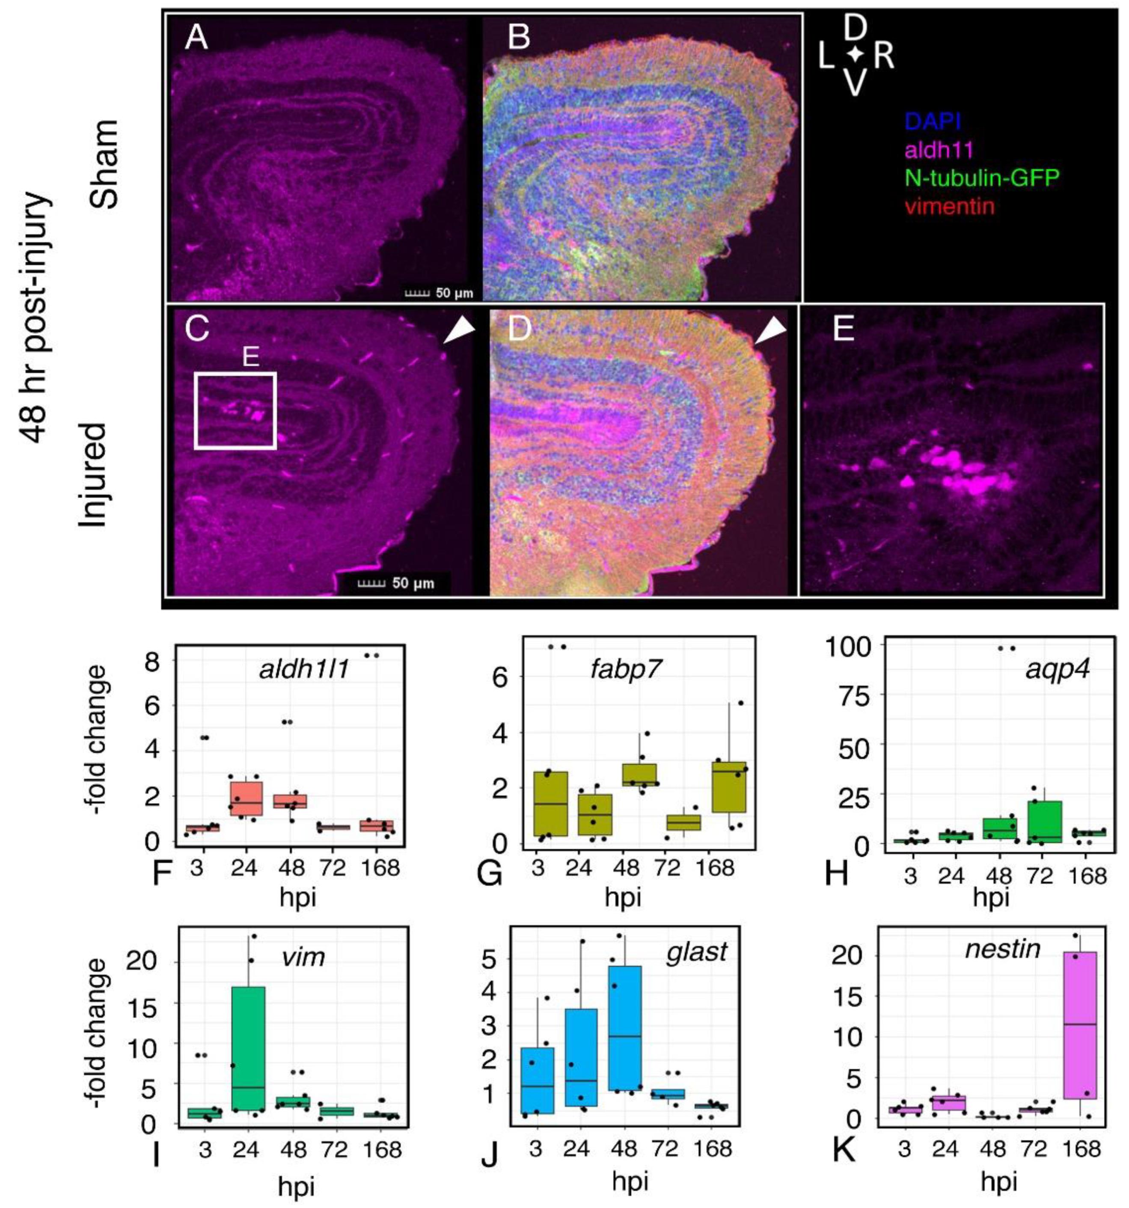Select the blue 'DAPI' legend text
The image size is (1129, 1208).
point(933,122)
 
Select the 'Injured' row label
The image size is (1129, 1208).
point(92,474)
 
